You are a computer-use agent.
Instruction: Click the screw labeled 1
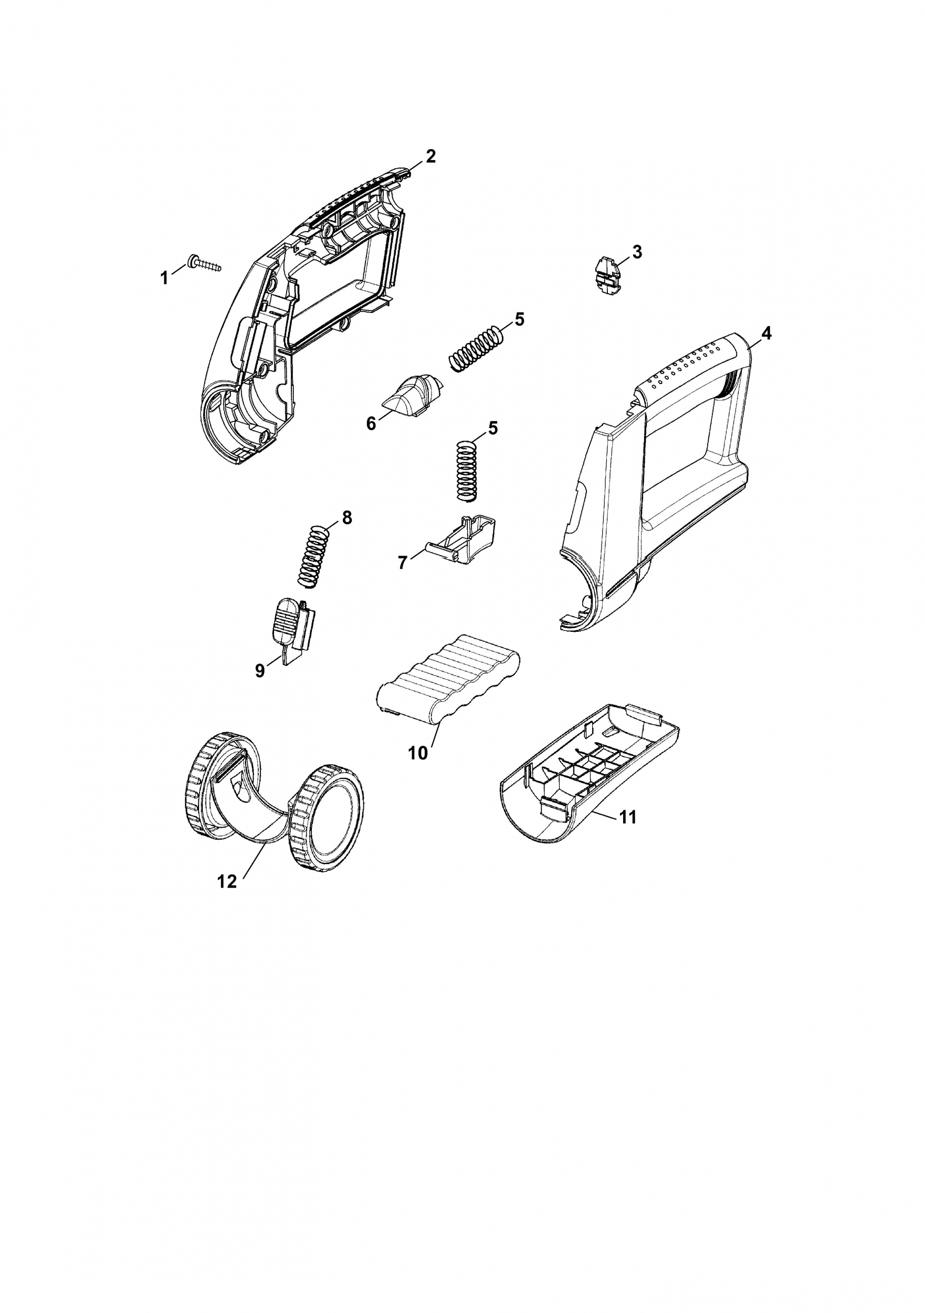[205, 265]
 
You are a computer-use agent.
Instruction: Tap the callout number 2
[430, 156]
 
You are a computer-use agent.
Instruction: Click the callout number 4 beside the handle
[766, 334]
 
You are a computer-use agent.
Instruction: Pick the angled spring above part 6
[476, 349]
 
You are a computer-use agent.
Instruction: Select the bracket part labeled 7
[464, 541]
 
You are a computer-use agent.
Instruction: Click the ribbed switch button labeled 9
[282, 622]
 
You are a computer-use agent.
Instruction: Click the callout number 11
[628, 818]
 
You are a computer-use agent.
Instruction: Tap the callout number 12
[227, 881]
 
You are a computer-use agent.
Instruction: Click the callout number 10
[418, 753]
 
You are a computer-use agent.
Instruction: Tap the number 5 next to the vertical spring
[492, 428]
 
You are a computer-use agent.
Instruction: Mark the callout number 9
[260, 670]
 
